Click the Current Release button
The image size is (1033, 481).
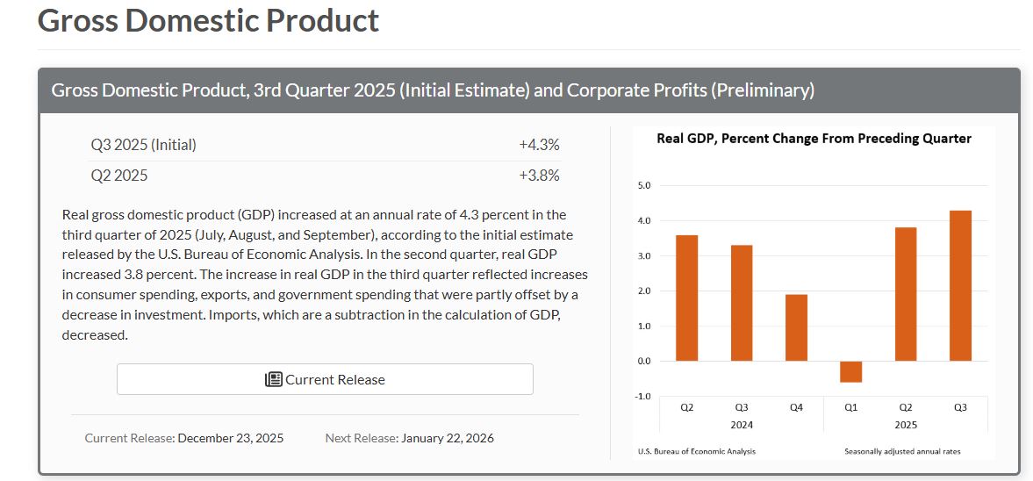[x=325, y=379]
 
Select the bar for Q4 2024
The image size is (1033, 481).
[x=796, y=327]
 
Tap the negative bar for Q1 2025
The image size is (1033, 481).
[x=850, y=371]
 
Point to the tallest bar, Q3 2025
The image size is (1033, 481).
[x=960, y=285]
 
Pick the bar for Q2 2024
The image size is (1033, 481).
[x=687, y=298]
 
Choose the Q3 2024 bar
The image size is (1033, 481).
[x=742, y=303]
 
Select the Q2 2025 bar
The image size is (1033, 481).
[x=906, y=294]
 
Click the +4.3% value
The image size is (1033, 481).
[x=539, y=145]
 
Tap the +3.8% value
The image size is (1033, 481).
[x=539, y=175]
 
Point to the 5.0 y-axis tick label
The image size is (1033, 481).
[x=643, y=186]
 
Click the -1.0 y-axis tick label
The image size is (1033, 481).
[x=642, y=397]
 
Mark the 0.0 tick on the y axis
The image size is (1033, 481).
[x=643, y=362]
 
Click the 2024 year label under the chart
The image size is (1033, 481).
[x=741, y=424]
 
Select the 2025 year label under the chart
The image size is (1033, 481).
[x=905, y=424]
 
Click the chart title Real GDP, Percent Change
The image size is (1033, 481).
[x=814, y=139]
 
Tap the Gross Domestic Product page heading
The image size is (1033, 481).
[x=209, y=20]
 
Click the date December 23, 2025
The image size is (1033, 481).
[x=230, y=437]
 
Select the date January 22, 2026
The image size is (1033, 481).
[x=448, y=437]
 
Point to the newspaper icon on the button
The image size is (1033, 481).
[x=273, y=379]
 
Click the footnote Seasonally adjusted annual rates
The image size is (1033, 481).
[x=902, y=451]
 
